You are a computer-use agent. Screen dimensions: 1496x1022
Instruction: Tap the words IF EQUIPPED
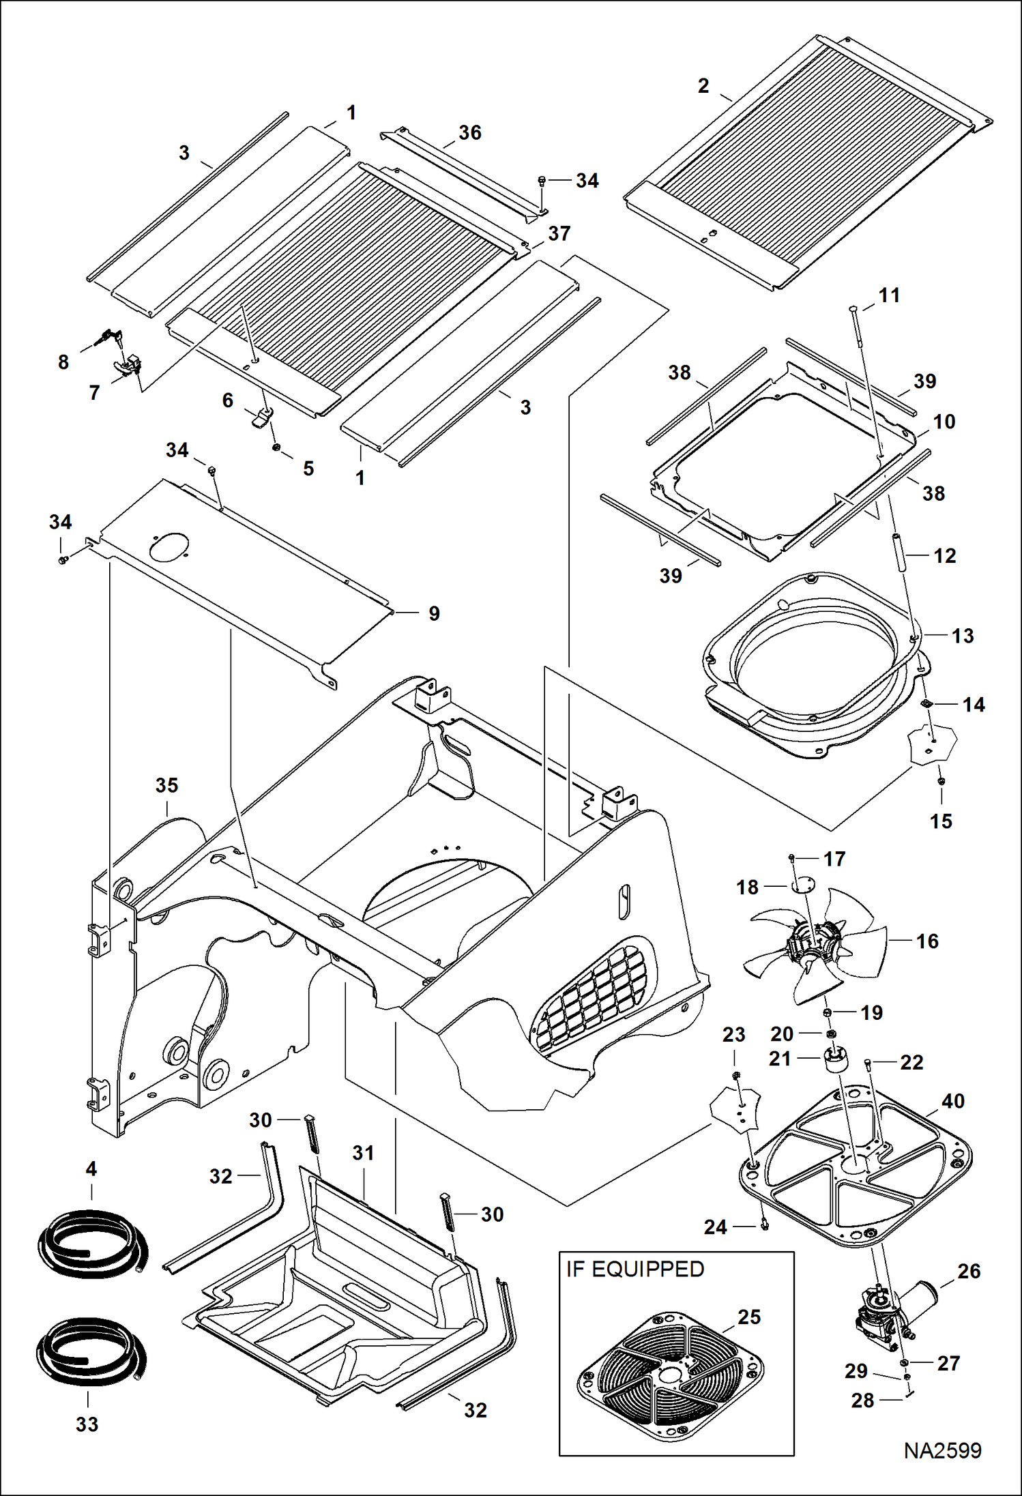tap(634, 1269)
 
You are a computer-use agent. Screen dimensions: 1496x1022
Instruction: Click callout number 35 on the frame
tap(166, 785)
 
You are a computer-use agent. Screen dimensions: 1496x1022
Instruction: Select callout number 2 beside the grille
tap(703, 86)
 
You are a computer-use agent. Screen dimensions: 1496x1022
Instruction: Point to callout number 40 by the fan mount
tap(952, 1101)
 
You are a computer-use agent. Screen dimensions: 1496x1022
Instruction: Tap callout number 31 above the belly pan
tap(363, 1153)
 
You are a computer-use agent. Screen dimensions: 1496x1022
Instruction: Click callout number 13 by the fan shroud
tap(962, 636)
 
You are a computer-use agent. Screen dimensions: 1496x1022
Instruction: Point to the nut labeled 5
tap(277, 448)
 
